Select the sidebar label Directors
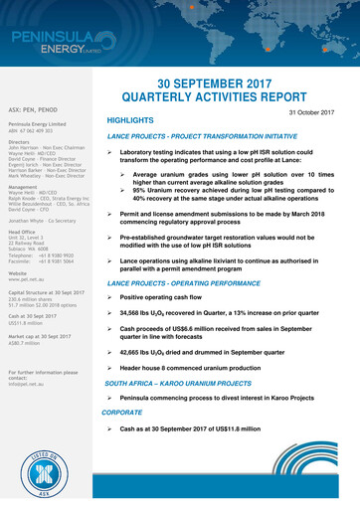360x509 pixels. (19, 142)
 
